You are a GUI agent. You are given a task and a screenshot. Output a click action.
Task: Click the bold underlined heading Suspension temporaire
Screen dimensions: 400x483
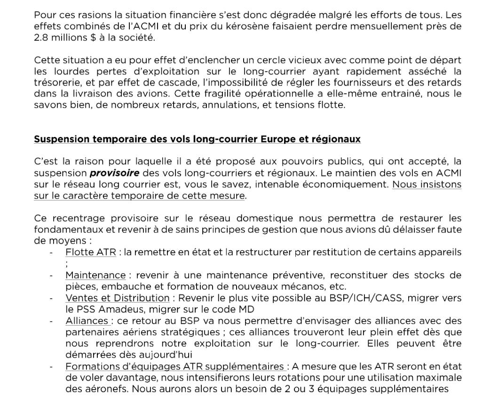[x=197, y=139]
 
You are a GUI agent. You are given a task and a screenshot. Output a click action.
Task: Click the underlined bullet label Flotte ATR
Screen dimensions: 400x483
[x=90, y=252]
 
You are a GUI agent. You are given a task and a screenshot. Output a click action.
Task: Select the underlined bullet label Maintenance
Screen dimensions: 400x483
[x=95, y=275]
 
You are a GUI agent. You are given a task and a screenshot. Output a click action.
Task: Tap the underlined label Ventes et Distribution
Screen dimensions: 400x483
[x=118, y=298]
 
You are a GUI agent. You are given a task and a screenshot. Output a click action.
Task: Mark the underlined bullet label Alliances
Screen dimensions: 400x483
[x=87, y=321]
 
